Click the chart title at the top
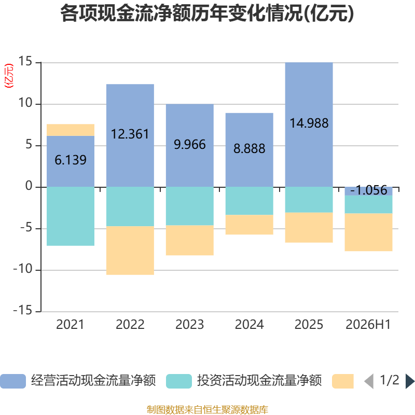point(207,13)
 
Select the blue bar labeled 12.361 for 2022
point(130,135)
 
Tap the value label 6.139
point(71,160)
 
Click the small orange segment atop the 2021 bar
point(71,130)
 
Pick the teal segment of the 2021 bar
point(71,216)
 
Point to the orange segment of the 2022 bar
point(130,251)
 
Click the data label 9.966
point(190,145)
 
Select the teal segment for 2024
point(250,201)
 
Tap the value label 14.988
point(309,123)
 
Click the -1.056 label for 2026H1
point(369,190)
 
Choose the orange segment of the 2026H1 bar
point(368,232)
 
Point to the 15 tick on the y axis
point(25,61)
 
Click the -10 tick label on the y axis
point(23,269)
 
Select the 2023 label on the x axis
point(190,325)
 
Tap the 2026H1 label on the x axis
point(368,325)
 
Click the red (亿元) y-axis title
point(9,76)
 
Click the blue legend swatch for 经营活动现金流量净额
point(13,381)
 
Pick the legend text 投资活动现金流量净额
point(259,381)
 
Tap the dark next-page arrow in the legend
point(410,381)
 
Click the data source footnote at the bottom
point(208,409)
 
